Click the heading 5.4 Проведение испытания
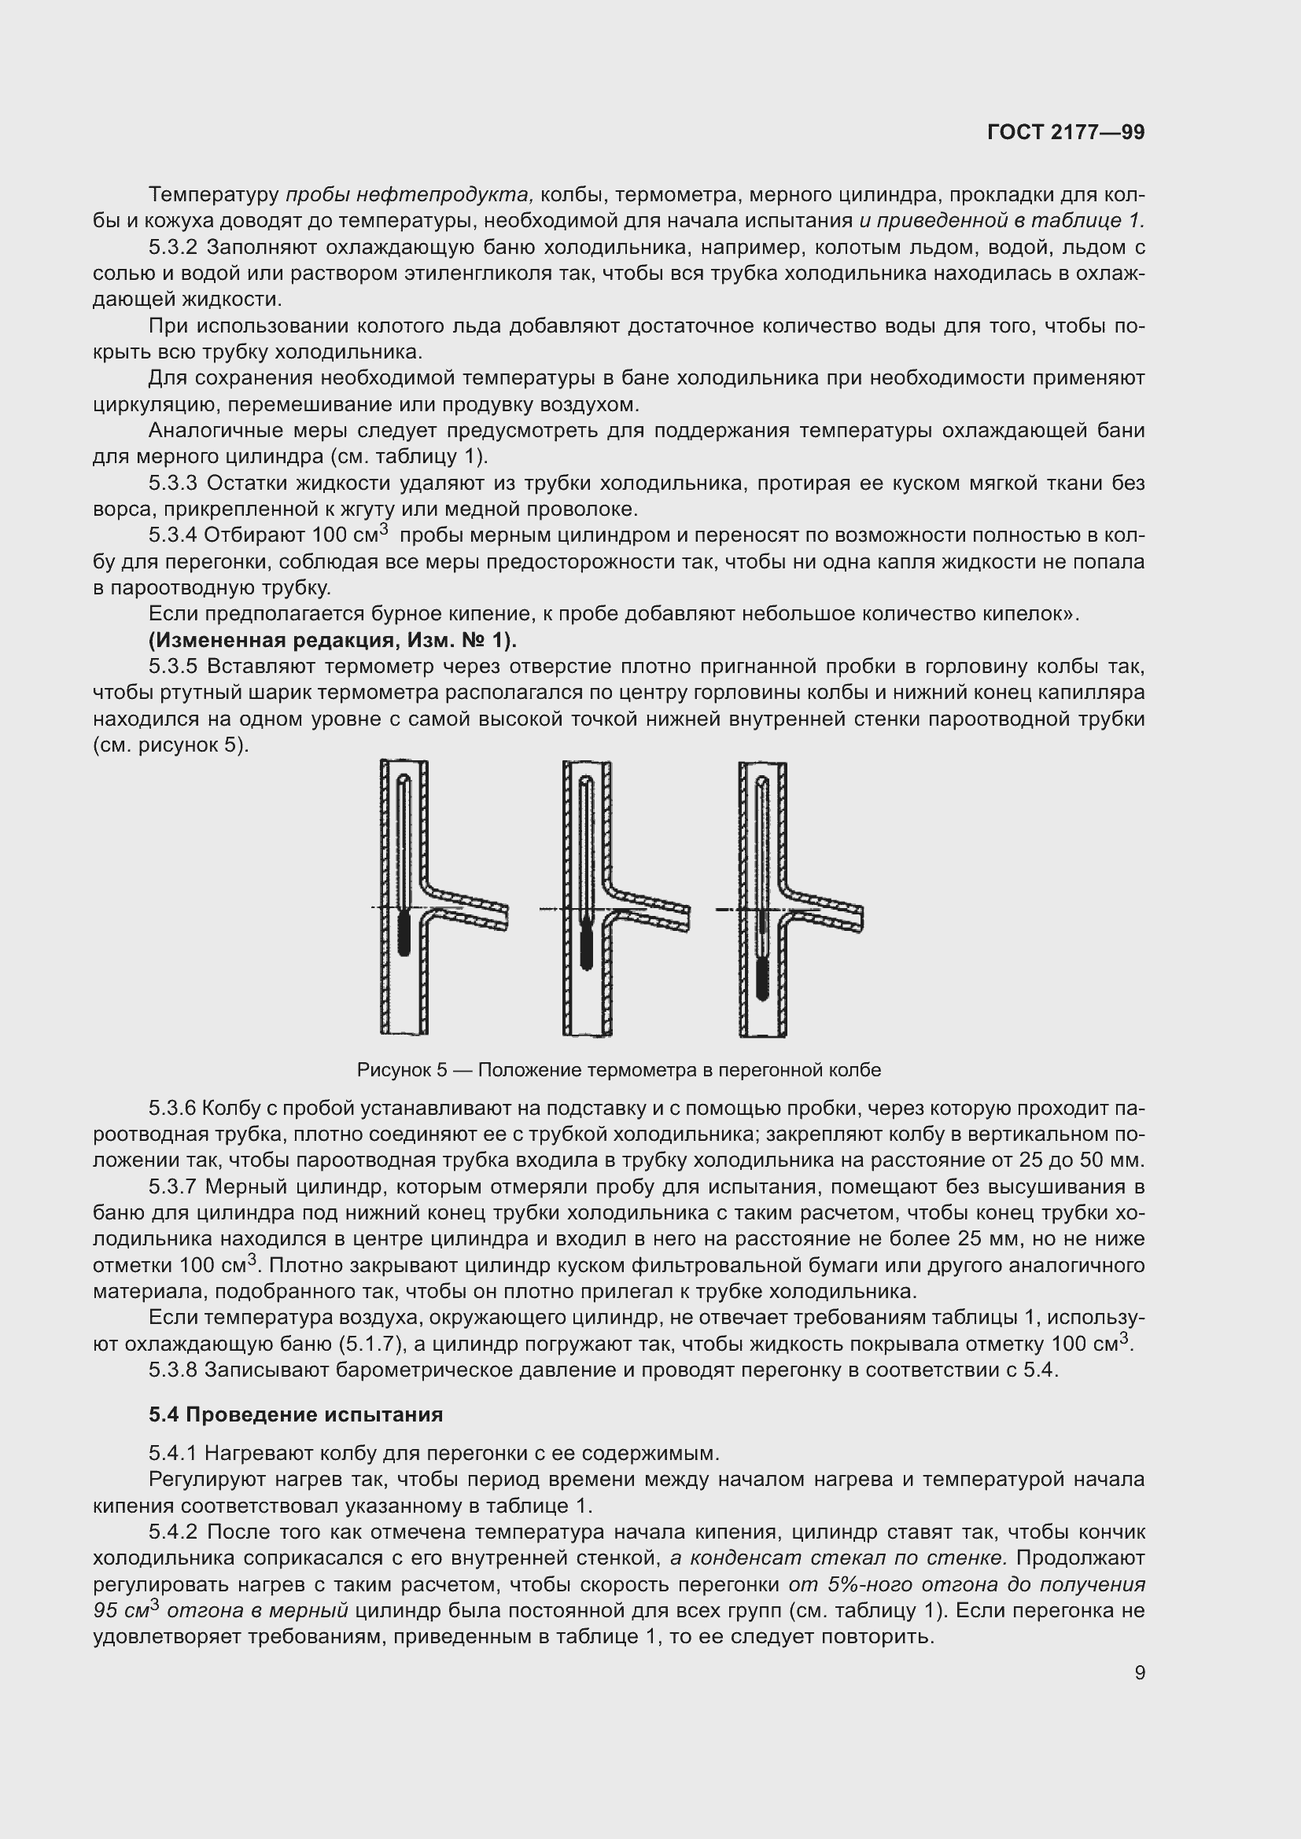[296, 1414]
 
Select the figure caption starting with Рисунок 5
[618, 1070]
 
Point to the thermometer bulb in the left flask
[404, 932]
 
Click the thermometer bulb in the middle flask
[587, 947]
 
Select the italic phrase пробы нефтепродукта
[408, 195]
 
